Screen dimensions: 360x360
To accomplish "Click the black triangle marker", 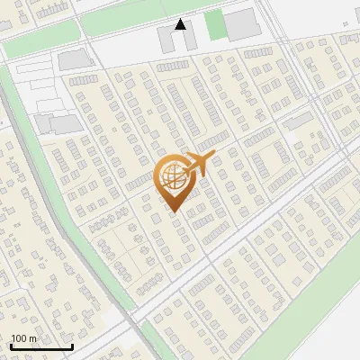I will (x=181, y=24).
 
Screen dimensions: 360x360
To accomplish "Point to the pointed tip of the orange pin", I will (x=172, y=212).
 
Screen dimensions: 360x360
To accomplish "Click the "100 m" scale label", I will (x=23, y=339).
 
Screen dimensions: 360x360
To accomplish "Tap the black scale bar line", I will (x=41, y=346).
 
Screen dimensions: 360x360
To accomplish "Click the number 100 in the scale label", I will (x=19, y=339).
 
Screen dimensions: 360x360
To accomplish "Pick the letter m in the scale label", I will (x=32, y=339).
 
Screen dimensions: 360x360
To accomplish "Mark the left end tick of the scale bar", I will (x=11, y=345).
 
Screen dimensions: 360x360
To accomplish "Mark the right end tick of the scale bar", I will (x=72, y=345).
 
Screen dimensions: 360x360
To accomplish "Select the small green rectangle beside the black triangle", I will (x=214, y=25).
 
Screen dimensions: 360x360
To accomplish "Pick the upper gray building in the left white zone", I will (x=72, y=60).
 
